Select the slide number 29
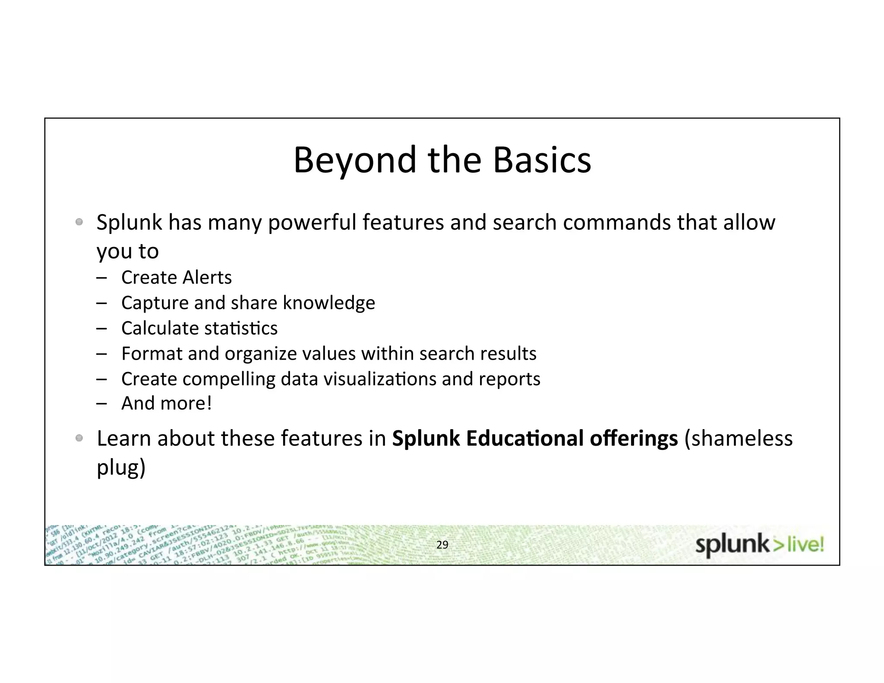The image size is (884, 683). click(442, 545)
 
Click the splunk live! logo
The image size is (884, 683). click(760, 545)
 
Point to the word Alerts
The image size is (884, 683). click(208, 278)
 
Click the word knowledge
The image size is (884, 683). click(329, 303)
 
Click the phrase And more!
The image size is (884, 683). click(167, 404)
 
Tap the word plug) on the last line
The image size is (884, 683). click(121, 468)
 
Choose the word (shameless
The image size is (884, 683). click(739, 439)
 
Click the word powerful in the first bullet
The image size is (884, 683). click(312, 223)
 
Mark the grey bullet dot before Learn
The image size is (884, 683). click(79, 438)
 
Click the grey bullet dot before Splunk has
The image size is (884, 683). click(79, 222)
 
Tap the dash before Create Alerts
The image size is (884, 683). click(102, 278)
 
